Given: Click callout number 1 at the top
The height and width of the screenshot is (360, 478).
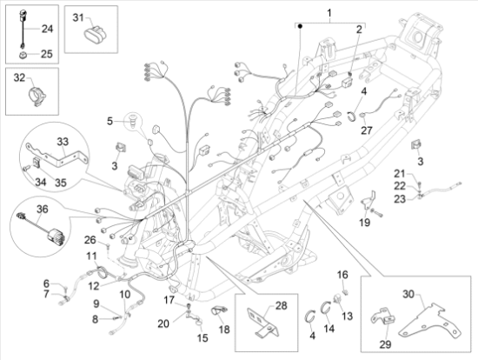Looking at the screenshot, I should [x=329, y=12].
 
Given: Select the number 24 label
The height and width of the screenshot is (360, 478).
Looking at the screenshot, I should [x=47, y=29].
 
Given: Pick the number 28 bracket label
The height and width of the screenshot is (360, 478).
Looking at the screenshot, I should [x=281, y=304].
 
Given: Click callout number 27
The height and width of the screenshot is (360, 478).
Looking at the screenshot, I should [x=366, y=130].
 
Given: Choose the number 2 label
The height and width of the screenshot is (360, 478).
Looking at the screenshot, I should [x=356, y=30].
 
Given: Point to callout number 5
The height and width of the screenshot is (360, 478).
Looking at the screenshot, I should [x=110, y=120].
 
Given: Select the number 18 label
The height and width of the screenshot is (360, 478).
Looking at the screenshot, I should [x=224, y=330].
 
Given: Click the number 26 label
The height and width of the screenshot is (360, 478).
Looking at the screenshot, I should [x=89, y=240].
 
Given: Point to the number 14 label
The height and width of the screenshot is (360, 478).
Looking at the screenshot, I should [x=329, y=330].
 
